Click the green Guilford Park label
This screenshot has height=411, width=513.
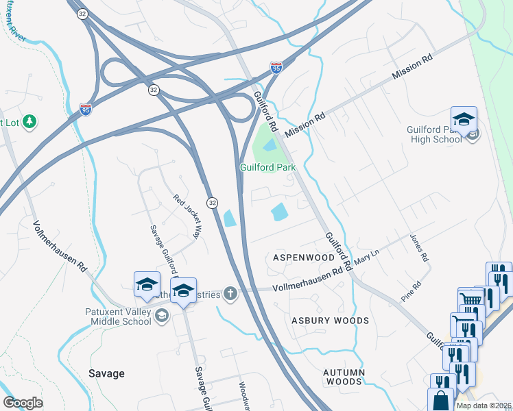pos(267,167)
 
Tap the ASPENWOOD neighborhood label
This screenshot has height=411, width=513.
pos(304,258)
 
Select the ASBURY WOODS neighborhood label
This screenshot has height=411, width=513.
pos(330,321)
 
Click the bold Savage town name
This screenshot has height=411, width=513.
pos(107,373)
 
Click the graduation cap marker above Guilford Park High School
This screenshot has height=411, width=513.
pos(464,119)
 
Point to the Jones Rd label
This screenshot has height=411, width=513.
pos(418,249)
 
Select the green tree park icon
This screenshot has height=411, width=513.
pos(29,122)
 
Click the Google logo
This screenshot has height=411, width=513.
pos(22,403)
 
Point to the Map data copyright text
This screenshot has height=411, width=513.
pos(484,406)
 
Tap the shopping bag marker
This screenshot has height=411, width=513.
pos(440,399)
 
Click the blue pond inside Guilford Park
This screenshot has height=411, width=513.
pos(270,145)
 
